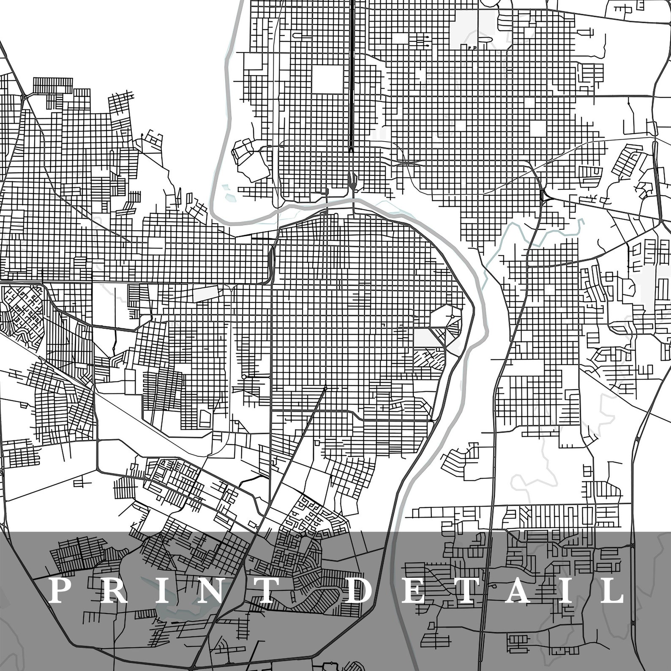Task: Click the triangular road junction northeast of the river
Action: point(544,196)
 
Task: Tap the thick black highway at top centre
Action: point(352,63)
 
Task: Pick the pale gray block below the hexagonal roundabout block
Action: point(423,337)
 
